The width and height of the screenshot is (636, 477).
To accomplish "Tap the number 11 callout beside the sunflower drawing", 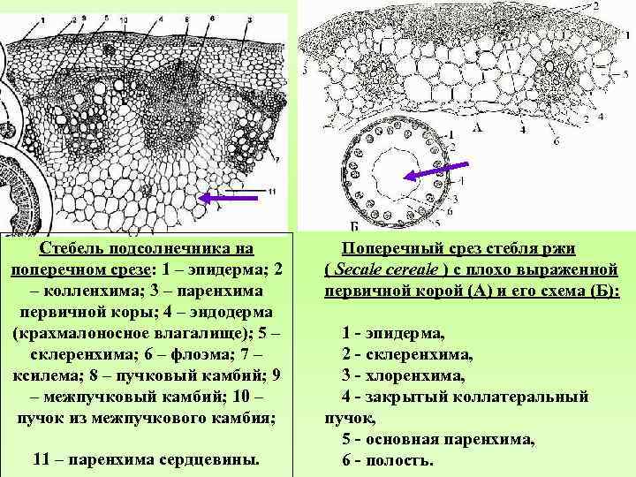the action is tap(271, 191).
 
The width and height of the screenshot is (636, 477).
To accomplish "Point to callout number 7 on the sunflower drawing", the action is tap(277, 159).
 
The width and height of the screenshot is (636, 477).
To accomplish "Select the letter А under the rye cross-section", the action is tap(478, 126).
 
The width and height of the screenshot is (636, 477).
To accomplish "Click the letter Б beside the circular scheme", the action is tap(354, 227).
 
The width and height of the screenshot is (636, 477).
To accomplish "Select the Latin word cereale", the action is tap(420, 269).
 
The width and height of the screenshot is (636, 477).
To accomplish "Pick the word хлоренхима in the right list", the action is tap(414, 375).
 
